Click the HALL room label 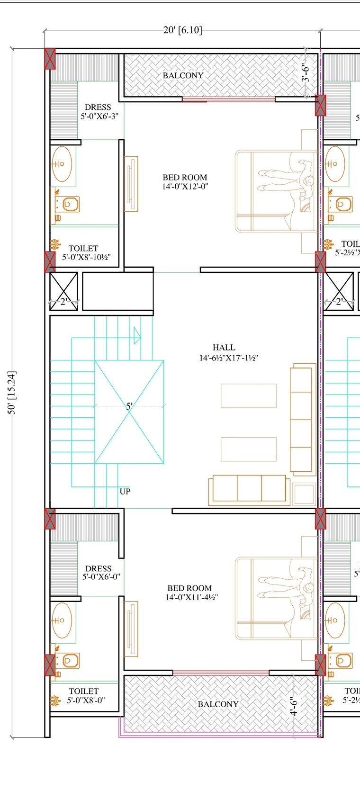[x=224, y=348]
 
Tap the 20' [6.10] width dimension [x=182, y=30]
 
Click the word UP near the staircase [x=125, y=492]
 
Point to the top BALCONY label [x=183, y=76]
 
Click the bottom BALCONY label [x=218, y=704]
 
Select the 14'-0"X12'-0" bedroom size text [x=185, y=187]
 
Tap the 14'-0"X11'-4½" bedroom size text [x=191, y=597]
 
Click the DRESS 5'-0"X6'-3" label [x=99, y=112]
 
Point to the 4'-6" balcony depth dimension [x=294, y=706]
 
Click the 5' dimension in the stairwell [x=129, y=406]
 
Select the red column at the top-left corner [x=50, y=59]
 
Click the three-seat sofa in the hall [x=249, y=489]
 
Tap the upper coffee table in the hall [x=248, y=396]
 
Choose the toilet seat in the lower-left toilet [x=69, y=660]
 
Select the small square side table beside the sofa [x=304, y=494]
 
